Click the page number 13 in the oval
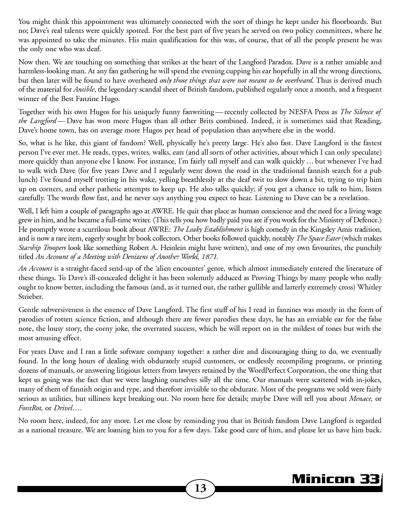coord(200,488)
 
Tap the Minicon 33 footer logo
coord(336,478)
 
